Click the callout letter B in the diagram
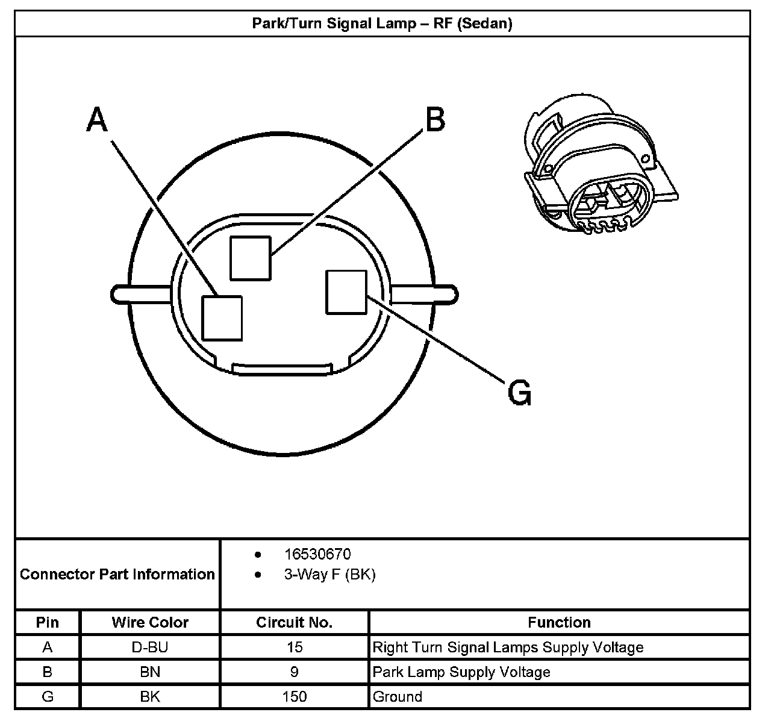click(435, 119)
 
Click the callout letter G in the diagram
click(520, 394)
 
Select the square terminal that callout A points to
click(222, 317)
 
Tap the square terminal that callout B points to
click(250, 258)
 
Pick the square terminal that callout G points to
click(346, 292)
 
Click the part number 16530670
click(317, 554)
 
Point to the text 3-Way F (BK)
click(329, 575)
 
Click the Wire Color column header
click(150, 622)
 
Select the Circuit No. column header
click(294, 622)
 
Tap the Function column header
click(559, 622)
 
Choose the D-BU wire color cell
click(150, 648)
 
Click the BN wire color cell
click(150, 672)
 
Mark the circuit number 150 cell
click(294, 697)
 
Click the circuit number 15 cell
click(294, 648)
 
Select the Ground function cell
click(398, 697)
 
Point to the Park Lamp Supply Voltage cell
click(461, 672)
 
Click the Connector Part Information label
click(117, 574)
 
